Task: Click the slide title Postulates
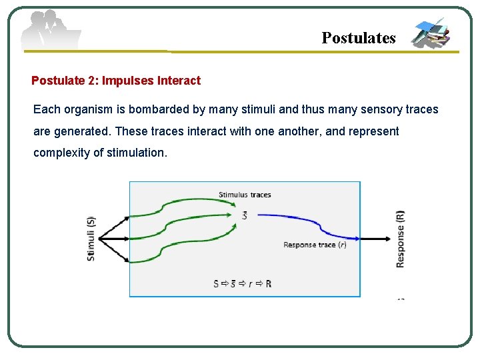tap(358, 38)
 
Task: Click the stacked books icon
tap(431, 33)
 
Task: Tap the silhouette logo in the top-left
tap(50, 31)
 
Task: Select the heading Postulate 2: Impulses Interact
tap(116, 81)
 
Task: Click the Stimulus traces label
tap(245, 195)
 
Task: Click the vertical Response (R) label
tap(400, 239)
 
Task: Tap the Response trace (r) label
tap(315, 245)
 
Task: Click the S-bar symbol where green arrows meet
tap(245, 216)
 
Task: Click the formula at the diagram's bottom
tap(242, 283)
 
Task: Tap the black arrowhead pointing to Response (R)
tap(388, 238)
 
